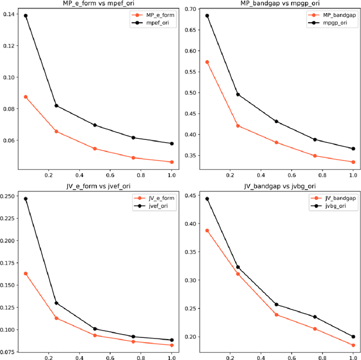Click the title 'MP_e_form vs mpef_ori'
coord(94,3)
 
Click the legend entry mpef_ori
coord(155,23)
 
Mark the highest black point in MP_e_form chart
coord(25,16)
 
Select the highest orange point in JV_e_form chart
coord(25,274)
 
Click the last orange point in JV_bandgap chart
coord(353,345)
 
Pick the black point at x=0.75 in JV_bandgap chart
coord(315,317)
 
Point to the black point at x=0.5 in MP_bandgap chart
coord(276,121)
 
